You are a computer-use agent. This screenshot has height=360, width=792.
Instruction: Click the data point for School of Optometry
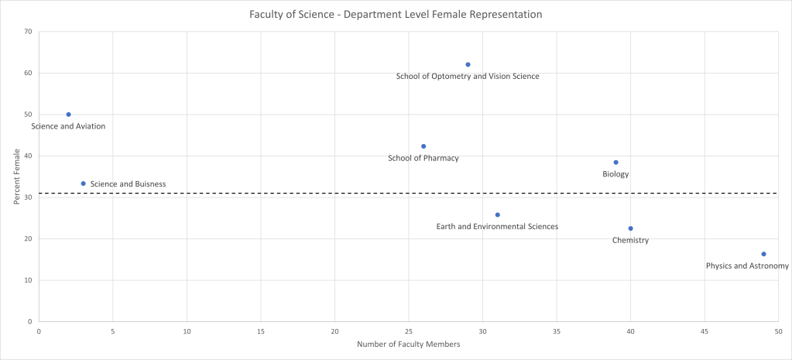point(468,64)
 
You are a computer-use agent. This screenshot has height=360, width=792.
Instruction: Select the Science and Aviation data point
point(68,115)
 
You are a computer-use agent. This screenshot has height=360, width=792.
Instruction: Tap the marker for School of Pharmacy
point(423,146)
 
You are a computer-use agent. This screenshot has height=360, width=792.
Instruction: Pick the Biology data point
point(615,163)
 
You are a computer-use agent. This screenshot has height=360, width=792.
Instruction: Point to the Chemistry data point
point(630,228)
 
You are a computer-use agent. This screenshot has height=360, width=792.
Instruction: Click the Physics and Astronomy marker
point(763,254)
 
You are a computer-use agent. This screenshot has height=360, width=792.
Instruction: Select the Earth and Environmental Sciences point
point(497,214)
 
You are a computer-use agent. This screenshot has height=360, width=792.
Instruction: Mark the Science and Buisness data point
point(83,183)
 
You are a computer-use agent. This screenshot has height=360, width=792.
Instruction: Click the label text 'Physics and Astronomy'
point(746,266)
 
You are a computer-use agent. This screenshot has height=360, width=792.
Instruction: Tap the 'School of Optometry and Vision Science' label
point(467,77)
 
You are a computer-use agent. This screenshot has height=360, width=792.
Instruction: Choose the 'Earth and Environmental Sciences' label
point(497,227)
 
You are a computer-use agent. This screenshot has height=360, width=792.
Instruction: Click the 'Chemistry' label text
point(630,241)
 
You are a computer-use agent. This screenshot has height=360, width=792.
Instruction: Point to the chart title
point(396,15)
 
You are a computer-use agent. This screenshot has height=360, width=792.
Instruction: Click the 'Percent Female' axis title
point(16,177)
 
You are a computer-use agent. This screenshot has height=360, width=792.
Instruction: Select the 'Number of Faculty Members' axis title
point(408,345)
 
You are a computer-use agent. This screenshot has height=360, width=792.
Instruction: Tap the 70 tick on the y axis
point(28,32)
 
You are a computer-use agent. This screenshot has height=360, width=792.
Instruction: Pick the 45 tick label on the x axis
point(704,331)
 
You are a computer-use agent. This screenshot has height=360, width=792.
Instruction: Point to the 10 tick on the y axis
point(28,280)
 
